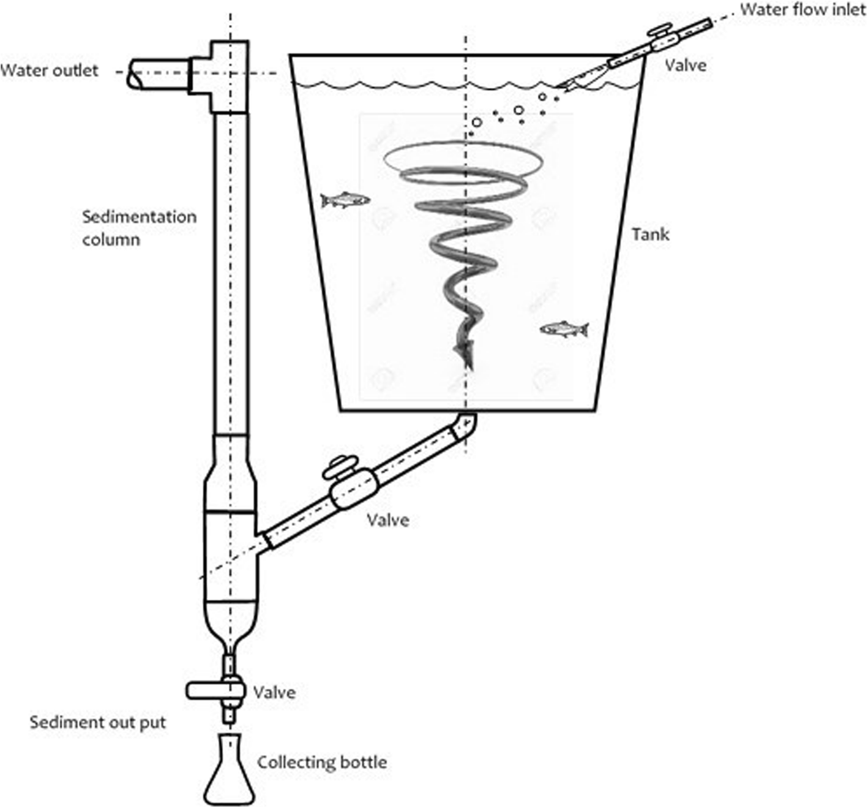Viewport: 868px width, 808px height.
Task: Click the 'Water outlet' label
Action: pos(49,70)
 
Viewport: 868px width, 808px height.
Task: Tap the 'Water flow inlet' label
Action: pos(803,10)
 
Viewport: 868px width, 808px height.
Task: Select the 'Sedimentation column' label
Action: pos(139,227)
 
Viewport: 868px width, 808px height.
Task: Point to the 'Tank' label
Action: pos(650,234)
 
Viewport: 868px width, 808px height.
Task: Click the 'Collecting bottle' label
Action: pos(321,763)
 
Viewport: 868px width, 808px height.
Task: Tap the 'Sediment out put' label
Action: pos(98,722)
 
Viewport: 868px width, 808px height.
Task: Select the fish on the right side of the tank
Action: pos(564,330)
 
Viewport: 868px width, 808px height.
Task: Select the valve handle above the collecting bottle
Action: pos(209,690)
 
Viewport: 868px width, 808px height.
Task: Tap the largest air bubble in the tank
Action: pos(518,110)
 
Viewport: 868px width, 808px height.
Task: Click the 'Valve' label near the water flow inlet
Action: pos(686,65)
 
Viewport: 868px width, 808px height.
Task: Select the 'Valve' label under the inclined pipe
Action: pos(388,520)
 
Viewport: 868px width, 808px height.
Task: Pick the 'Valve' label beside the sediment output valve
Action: pos(274,692)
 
